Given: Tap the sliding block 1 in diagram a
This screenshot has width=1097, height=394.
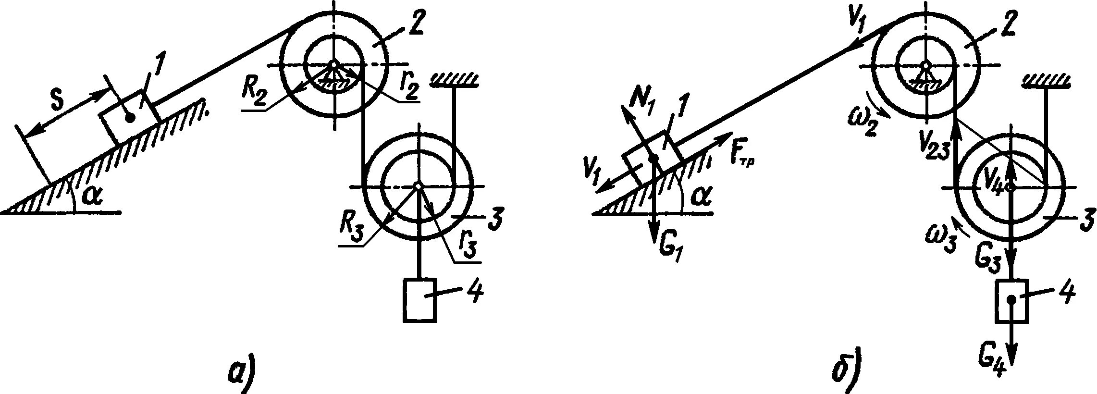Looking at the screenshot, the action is [x=129, y=117].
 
